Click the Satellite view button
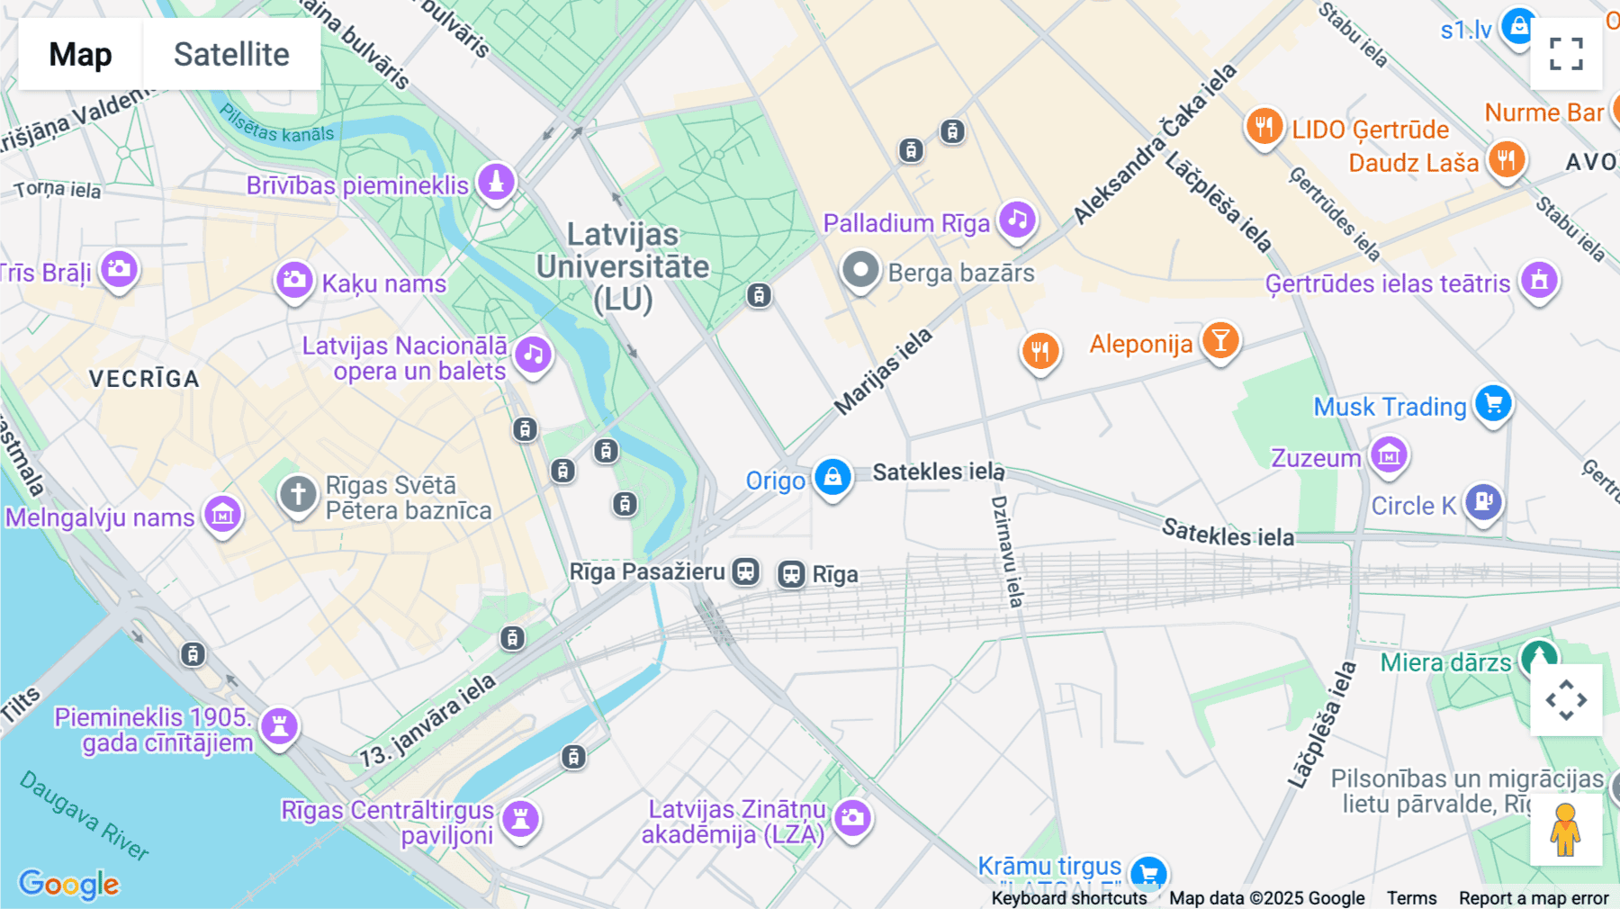(231, 54)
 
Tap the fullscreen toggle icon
(1566, 54)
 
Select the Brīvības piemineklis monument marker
(496, 182)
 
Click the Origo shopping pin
(832, 477)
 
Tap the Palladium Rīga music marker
(1017, 220)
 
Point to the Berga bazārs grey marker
(860, 270)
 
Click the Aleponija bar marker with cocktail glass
(1220, 341)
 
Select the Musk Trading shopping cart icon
(1493, 403)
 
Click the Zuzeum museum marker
(1389, 455)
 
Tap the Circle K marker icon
(1483, 500)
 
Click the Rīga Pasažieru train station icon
(745, 571)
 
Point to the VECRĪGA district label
(144, 379)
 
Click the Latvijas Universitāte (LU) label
(623, 266)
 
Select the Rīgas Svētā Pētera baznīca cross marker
(298, 494)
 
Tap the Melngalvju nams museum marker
(222, 515)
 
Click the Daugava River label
(85, 815)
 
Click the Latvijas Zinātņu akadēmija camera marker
(852, 817)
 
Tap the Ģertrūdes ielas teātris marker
(1539, 281)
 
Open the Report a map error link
(1533, 898)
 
